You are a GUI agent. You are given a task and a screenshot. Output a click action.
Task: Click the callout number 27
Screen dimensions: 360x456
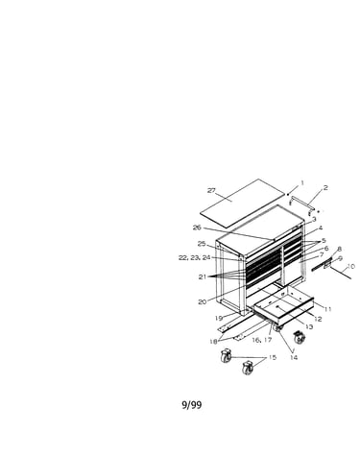coord(211,191)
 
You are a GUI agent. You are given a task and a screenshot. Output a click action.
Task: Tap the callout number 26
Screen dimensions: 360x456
coord(197,228)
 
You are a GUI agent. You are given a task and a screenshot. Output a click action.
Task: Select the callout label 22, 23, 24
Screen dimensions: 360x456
coord(195,258)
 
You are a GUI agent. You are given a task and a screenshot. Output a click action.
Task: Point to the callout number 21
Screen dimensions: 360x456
coord(203,276)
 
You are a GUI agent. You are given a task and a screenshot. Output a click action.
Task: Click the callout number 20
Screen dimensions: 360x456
coord(203,301)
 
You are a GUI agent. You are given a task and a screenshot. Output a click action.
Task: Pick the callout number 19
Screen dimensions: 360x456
coord(219,318)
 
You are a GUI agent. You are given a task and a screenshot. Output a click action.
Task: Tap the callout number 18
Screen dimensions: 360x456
coord(213,342)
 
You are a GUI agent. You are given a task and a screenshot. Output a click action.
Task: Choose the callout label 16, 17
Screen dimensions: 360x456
coord(262,340)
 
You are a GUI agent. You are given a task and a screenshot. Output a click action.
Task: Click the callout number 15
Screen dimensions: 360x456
coord(272,357)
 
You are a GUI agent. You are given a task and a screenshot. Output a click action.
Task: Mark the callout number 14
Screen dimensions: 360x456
coord(294,357)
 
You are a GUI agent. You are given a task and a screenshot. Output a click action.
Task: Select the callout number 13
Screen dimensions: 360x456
coord(309,326)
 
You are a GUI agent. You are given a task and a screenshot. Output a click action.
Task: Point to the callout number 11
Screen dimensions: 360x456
coord(327,309)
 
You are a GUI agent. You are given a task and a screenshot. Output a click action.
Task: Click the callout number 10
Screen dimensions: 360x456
coord(350,266)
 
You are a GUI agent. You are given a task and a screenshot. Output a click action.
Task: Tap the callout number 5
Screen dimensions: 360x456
coord(324,241)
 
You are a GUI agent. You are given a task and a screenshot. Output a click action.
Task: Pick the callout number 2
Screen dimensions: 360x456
coord(325,188)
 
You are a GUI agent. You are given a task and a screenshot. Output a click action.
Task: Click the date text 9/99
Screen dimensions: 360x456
coord(192,405)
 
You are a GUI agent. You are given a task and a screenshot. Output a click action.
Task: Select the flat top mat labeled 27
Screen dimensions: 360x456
coord(242,204)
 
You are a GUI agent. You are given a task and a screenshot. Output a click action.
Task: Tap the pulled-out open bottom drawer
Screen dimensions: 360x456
coord(283,304)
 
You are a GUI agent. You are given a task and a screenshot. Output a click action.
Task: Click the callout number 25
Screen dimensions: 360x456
coord(202,244)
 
